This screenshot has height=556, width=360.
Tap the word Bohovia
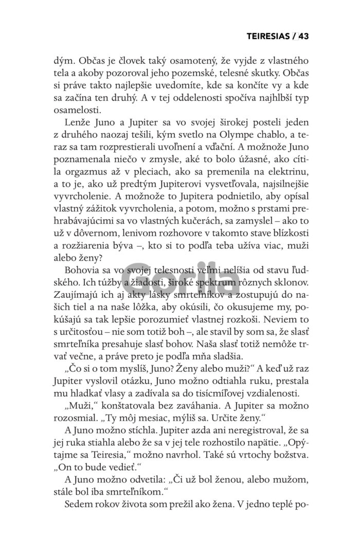84,269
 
